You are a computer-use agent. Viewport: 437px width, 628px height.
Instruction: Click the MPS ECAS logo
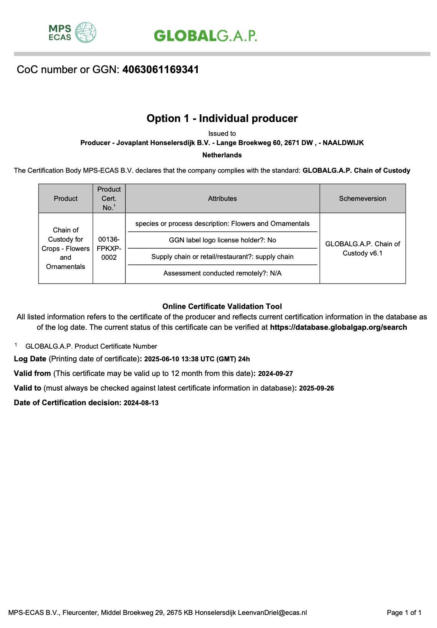pyautogui.click(x=72, y=32)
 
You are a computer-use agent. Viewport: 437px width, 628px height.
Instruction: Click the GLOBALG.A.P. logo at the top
pyautogui.click(x=205, y=36)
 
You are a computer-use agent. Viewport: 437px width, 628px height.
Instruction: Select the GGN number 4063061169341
pyautogui.click(x=160, y=70)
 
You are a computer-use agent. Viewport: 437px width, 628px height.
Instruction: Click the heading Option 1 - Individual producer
pyautogui.click(x=222, y=119)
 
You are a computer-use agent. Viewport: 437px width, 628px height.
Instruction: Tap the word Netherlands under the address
pyautogui.click(x=222, y=155)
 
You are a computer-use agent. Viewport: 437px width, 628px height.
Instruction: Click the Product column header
pyautogui.click(x=65, y=199)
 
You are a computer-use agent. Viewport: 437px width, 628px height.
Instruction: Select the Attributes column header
pyautogui.click(x=222, y=199)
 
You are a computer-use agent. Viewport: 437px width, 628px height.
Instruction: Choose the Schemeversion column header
pyautogui.click(x=362, y=199)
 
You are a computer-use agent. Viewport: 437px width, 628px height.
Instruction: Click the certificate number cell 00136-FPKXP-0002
pyautogui.click(x=109, y=248)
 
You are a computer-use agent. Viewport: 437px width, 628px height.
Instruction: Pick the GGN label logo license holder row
pyautogui.click(x=222, y=240)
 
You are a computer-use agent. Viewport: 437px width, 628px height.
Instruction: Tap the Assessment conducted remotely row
pyautogui.click(x=222, y=273)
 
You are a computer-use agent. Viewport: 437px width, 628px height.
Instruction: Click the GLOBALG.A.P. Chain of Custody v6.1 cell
pyautogui.click(x=362, y=248)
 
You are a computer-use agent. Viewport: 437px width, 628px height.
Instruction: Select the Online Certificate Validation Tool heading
pyautogui.click(x=222, y=306)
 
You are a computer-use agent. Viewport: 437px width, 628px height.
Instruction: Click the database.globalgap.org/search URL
pyautogui.click(x=338, y=327)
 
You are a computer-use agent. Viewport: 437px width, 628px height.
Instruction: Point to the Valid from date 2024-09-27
pyautogui.click(x=275, y=374)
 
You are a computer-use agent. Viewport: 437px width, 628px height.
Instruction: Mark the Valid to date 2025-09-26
pyautogui.click(x=316, y=388)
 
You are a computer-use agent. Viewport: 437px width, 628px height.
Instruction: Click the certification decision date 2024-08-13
pyautogui.click(x=141, y=403)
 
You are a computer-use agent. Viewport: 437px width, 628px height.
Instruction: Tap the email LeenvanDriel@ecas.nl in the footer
pyautogui.click(x=272, y=613)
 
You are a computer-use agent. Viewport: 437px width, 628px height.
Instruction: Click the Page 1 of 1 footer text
pyautogui.click(x=404, y=613)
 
